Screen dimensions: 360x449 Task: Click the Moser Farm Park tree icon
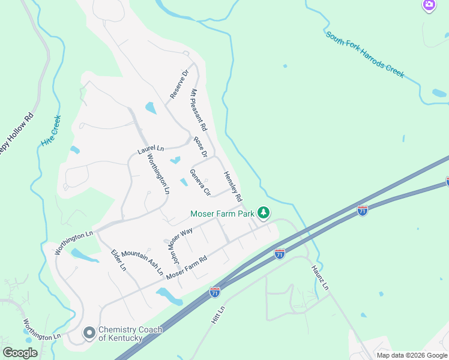click(x=263, y=212)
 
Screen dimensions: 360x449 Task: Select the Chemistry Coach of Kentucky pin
click(x=89, y=332)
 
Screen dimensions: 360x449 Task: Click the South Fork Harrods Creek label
click(x=365, y=55)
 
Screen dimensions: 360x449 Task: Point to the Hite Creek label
click(x=52, y=133)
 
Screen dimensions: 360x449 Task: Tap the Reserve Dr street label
click(x=179, y=85)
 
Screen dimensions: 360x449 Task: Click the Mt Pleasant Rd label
click(x=199, y=110)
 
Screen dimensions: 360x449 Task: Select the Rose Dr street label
click(x=200, y=146)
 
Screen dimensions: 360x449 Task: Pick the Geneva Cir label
click(x=200, y=182)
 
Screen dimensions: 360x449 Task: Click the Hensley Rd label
click(x=233, y=186)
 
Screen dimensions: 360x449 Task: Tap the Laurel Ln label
click(x=151, y=149)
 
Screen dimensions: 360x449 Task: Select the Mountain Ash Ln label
click(x=142, y=262)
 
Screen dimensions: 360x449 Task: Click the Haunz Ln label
click(x=319, y=278)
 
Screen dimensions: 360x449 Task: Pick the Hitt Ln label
click(x=217, y=315)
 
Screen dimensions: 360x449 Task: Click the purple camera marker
click(x=429, y=5)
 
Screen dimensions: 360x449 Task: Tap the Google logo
click(x=20, y=353)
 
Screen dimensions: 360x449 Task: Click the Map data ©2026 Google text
click(x=411, y=355)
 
